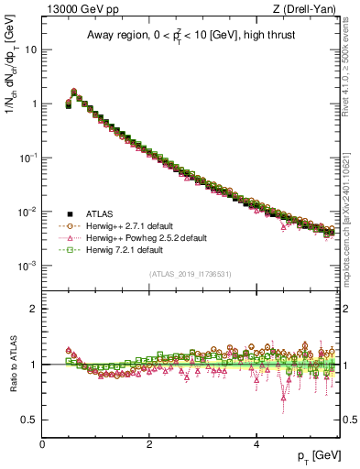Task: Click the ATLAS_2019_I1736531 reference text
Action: coord(191,274)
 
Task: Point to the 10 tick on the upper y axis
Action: coord(31,49)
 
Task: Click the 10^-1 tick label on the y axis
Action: coord(28,158)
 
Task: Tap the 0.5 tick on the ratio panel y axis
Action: coord(31,420)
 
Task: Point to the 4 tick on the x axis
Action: coord(256,442)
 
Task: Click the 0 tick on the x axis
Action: coord(42,442)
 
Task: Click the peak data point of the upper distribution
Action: coord(74,92)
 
